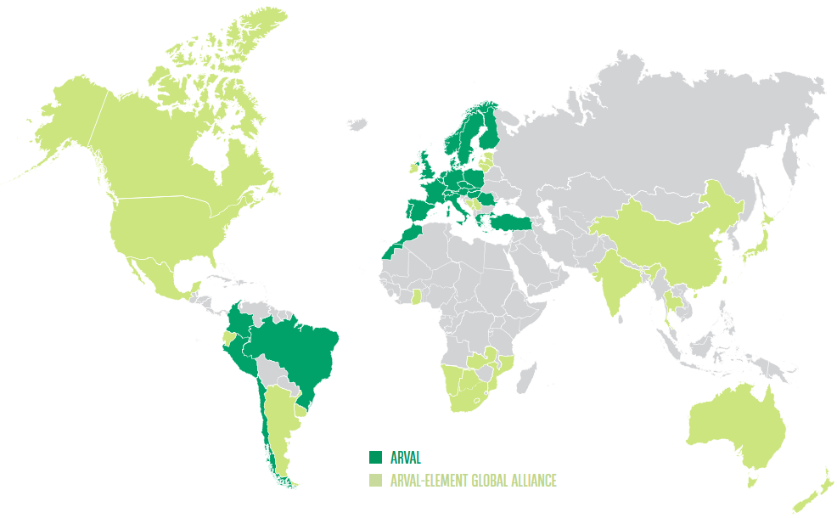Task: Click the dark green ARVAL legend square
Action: click(376, 457)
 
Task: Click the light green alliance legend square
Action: click(376, 481)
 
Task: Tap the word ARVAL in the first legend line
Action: click(406, 457)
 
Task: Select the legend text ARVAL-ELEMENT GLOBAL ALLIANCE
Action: click(473, 481)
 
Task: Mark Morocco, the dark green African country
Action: click(406, 239)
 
